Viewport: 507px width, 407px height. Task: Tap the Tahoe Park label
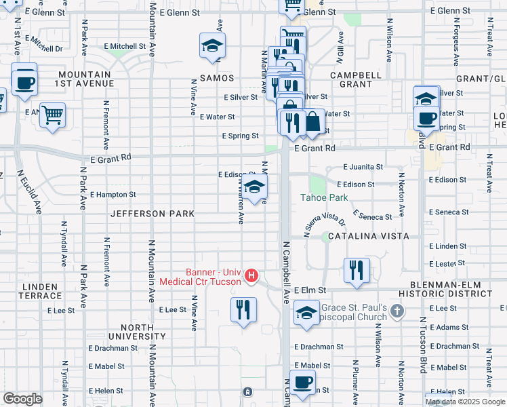pos(325,198)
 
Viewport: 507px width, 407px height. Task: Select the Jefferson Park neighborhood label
pos(153,214)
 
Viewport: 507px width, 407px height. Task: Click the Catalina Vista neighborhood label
pos(365,236)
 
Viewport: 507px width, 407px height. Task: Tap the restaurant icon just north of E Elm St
pos(356,270)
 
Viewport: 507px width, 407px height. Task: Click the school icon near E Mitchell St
pos(212,46)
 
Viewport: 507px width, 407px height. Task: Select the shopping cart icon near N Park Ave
pos(52,115)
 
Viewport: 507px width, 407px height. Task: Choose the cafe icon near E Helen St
pos(302,382)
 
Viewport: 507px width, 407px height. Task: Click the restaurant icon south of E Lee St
pos(243,310)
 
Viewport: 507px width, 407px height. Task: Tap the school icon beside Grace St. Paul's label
pos(306,314)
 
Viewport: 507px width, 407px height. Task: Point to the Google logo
pos(22,398)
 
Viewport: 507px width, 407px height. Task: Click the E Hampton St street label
pos(113,194)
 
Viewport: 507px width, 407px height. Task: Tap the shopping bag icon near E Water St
pos(313,121)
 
